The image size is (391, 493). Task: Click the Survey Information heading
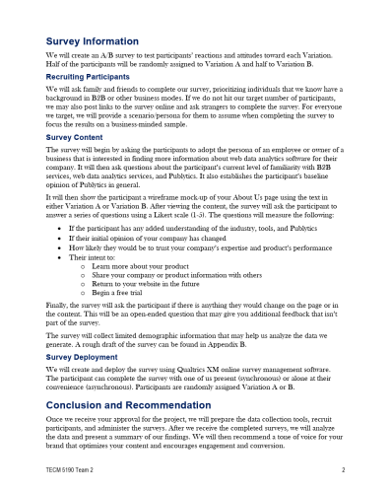pos(98,41)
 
